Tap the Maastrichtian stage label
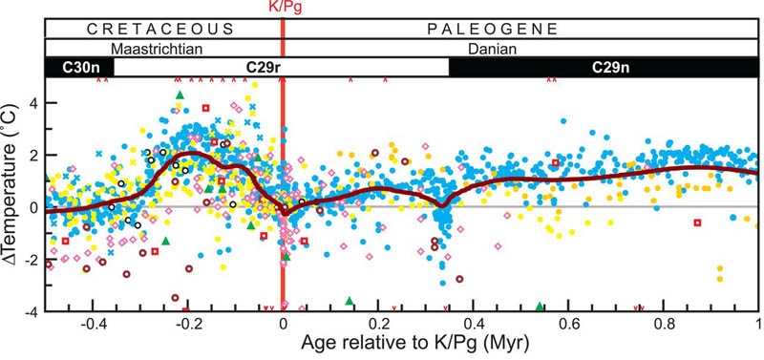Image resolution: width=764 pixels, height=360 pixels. pos(161,46)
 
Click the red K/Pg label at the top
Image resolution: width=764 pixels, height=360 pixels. pos(282,8)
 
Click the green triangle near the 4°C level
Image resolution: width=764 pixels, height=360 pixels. pos(179,94)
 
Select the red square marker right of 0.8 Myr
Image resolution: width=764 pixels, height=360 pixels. pos(698,222)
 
